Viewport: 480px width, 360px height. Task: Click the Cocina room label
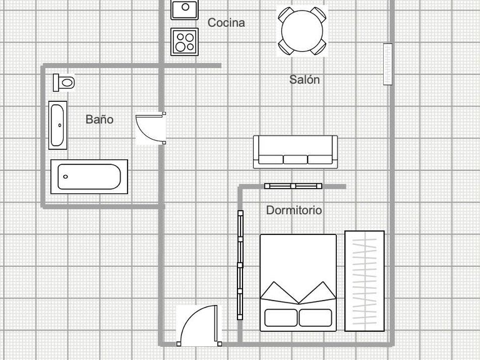click(x=226, y=22)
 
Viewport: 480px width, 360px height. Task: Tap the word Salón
click(x=304, y=79)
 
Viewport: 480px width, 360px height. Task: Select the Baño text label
click(x=99, y=119)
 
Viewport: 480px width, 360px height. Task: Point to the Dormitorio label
click(x=294, y=210)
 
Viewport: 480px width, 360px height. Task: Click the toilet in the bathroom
click(x=64, y=82)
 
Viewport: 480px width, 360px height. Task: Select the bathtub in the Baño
click(x=89, y=177)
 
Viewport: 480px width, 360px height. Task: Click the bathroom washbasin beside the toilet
click(x=57, y=125)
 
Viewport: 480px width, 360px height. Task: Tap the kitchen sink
click(x=184, y=10)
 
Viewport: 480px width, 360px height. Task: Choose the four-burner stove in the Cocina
click(x=184, y=42)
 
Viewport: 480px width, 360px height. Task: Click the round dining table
click(x=302, y=31)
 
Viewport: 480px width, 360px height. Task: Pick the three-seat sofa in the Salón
click(x=296, y=152)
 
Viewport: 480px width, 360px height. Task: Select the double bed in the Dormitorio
click(x=298, y=283)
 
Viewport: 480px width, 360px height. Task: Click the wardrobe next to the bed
click(x=364, y=281)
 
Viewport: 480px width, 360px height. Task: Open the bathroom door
click(x=151, y=128)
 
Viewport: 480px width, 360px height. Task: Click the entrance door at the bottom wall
click(x=199, y=326)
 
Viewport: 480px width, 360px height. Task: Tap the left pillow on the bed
click(x=281, y=317)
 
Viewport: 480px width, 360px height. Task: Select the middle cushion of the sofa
click(x=296, y=159)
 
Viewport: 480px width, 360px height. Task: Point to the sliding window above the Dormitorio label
click(x=293, y=186)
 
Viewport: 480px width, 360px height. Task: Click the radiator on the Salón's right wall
click(x=388, y=64)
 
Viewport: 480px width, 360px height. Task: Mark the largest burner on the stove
click(x=180, y=47)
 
